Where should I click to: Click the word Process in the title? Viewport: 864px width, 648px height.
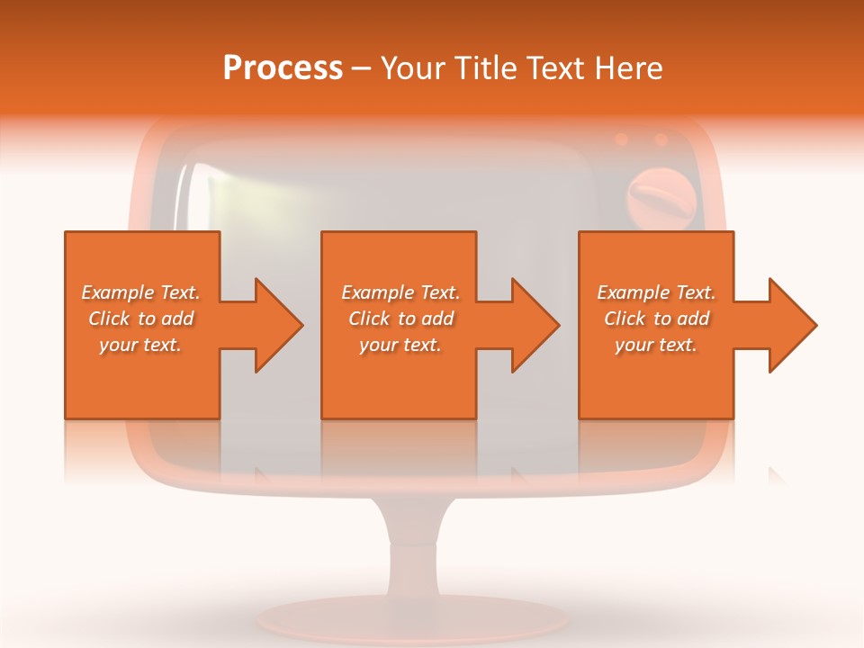click(283, 68)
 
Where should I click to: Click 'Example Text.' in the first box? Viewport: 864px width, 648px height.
click(140, 292)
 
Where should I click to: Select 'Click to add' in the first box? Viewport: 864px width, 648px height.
click(140, 319)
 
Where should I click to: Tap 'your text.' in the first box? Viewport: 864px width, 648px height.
click(140, 345)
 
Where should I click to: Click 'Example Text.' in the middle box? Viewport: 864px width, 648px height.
click(400, 292)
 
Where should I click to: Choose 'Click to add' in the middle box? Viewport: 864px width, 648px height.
click(400, 319)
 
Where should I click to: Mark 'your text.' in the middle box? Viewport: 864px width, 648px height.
click(400, 345)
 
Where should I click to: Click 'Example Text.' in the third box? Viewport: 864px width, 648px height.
click(656, 292)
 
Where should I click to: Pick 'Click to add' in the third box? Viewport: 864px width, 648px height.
click(656, 319)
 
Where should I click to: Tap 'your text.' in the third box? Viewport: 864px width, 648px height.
click(656, 345)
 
